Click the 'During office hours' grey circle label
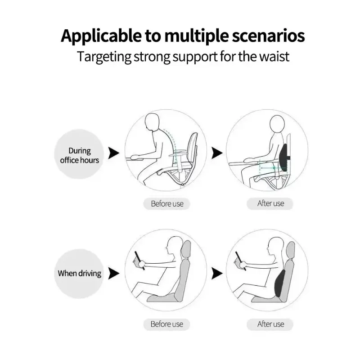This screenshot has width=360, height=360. pos(80,155)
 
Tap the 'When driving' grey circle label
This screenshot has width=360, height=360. pos(80,273)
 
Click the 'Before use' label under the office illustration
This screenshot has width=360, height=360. pos(167,204)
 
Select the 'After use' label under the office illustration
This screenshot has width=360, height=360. pos(270,203)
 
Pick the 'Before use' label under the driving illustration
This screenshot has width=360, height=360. pos(167,324)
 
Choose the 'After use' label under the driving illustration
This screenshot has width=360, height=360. pos(270,324)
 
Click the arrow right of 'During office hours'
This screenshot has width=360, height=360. pos(114,153)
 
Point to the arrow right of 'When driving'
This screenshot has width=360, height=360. pos(114,273)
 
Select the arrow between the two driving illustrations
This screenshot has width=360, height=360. pos(217,273)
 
